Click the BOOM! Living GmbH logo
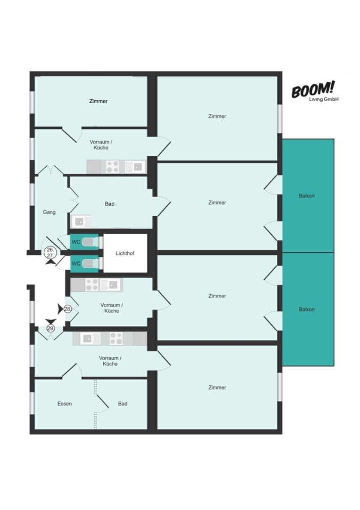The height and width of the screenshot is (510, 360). coord(315,91)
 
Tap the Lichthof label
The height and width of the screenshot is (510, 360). coord(125,254)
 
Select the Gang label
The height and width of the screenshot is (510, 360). coord(49,212)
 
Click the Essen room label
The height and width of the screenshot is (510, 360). coord(64,404)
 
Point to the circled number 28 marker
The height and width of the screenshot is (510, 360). coord(67,309)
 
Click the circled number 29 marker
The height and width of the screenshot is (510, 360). coord(50,329)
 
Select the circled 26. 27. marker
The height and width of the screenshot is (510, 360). coord(50,253)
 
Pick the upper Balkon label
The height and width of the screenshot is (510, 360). coord(307,196)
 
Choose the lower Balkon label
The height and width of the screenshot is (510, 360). coord(307,309)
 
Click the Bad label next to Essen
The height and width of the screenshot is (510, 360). coord(123,404)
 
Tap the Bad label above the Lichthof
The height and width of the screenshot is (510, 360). coord(109,204)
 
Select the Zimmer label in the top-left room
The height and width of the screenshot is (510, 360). coord(98,101)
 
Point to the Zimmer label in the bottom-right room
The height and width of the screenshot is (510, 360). coord(217,387)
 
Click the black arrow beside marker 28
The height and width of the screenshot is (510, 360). coord(60,309)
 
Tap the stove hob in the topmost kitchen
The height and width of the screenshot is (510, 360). coord(112,167)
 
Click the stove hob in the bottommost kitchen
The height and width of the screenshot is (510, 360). coord(116,339)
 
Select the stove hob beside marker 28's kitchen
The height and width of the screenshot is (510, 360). coord(92,285)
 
